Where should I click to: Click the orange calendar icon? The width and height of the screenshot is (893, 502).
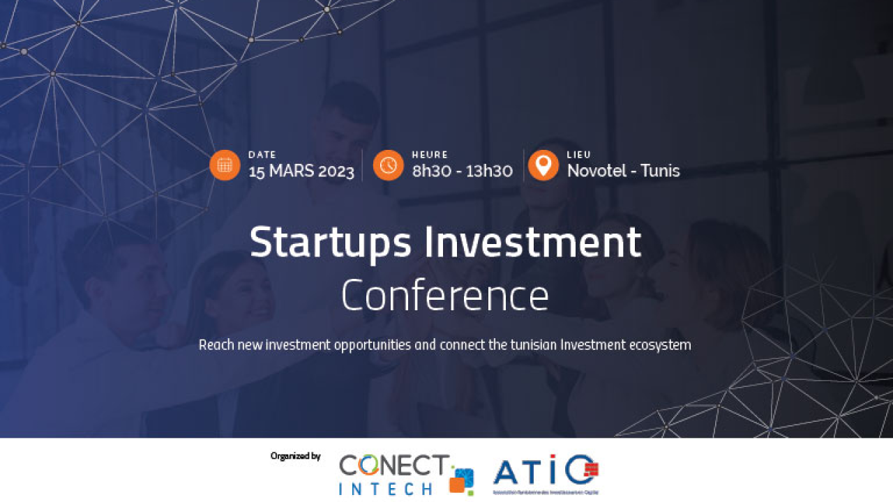pos(225,165)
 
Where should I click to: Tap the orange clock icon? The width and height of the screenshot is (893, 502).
pos(388,165)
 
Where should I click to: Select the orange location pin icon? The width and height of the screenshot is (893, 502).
pos(543,165)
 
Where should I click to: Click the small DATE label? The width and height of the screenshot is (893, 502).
pos(262,155)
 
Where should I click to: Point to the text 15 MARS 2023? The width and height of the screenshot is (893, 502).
pos(301,172)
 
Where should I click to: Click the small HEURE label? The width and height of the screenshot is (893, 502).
pos(430,155)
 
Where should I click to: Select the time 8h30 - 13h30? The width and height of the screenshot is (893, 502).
pos(462,172)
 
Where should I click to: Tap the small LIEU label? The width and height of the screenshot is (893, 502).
pos(579,155)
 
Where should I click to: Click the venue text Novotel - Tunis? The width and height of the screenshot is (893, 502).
pos(623,171)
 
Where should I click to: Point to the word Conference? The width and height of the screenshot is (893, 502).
pos(445,296)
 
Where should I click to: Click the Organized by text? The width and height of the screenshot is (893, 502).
pos(295,456)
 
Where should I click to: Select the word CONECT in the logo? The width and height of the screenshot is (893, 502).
pos(394,465)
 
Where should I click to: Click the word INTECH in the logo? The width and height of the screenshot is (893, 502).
pos(385,488)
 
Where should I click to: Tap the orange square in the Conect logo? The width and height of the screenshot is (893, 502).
pos(458,486)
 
